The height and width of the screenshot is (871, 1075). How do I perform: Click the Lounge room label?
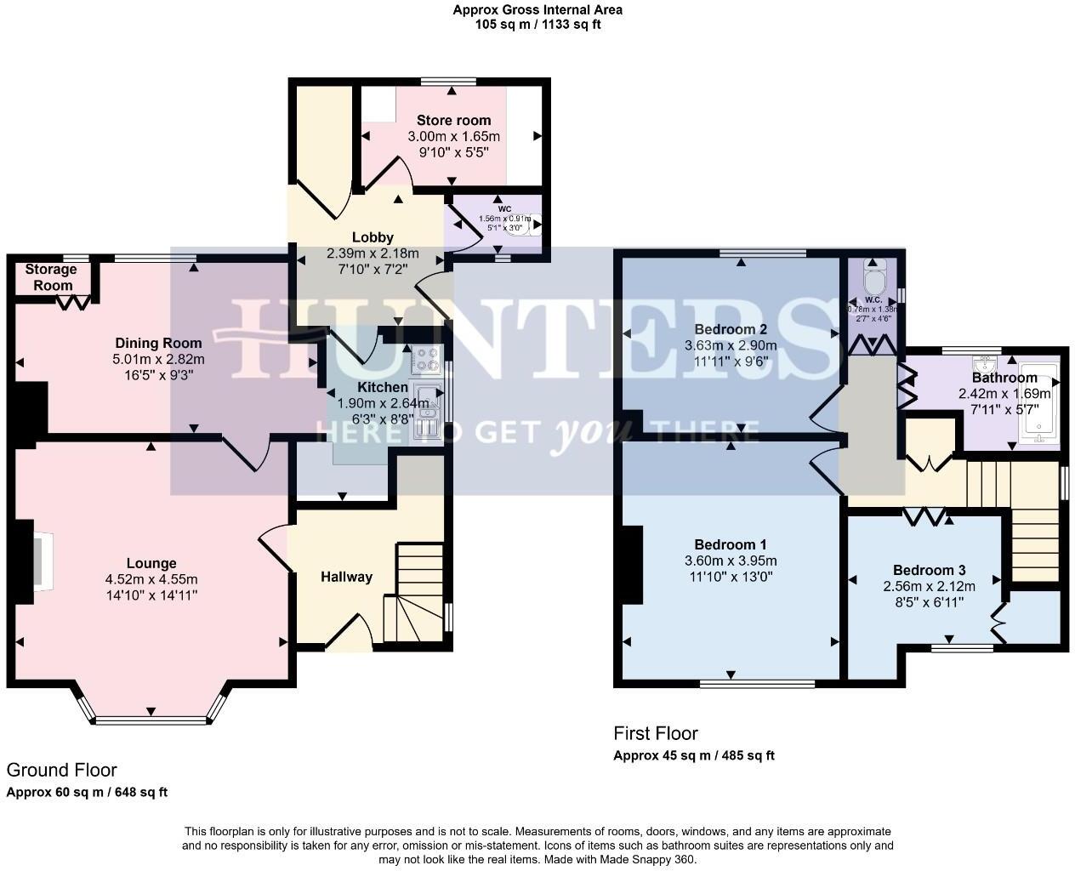[x=151, y=563]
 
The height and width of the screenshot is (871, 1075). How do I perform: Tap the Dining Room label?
[x=159, y=344]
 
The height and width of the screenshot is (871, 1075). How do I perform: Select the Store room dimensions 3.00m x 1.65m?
[x=453, y=137]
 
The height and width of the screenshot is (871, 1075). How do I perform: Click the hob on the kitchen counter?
[x=424, y=361]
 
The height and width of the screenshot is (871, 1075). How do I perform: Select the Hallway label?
[x=346, y=577]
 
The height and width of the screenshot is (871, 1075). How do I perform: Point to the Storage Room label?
[x=50, y=277]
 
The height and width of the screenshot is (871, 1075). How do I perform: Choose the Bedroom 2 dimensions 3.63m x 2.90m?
[x=731, y=346]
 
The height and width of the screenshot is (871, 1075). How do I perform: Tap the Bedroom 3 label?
[x=929, y=571]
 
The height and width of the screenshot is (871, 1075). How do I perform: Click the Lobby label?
[x=373, y=237]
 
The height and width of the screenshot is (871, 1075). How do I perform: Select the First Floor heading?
[x=656, y=733]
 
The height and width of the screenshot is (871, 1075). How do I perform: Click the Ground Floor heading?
[x=61, y=770]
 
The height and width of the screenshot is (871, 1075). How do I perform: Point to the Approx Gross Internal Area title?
[x=537, y=10]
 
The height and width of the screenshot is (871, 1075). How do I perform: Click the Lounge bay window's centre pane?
[x=151, y=720]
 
